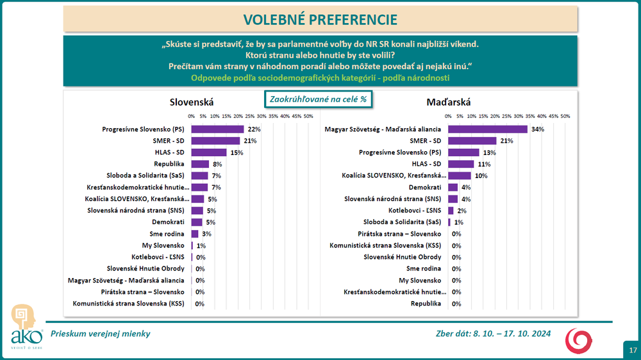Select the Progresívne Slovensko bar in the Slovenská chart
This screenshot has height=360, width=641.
click(x=217, y=129)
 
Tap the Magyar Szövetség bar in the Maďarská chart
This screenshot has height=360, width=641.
click(x=487, y=129)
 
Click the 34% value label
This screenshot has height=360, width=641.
click(x=537, y=129)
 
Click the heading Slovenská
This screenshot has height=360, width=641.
click(x=191, y=102)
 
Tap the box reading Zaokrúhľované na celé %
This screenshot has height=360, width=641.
click(x=319, y=99)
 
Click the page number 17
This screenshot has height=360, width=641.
click(x=632, y=350)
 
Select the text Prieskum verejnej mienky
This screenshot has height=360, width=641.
click(x=100, y=333)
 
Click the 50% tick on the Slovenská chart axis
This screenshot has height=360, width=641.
click(x=308, y=116)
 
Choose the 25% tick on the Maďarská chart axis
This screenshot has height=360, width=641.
click(x=506, y=116)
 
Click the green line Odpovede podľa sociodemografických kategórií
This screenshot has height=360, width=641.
click(x=320, y=78)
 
